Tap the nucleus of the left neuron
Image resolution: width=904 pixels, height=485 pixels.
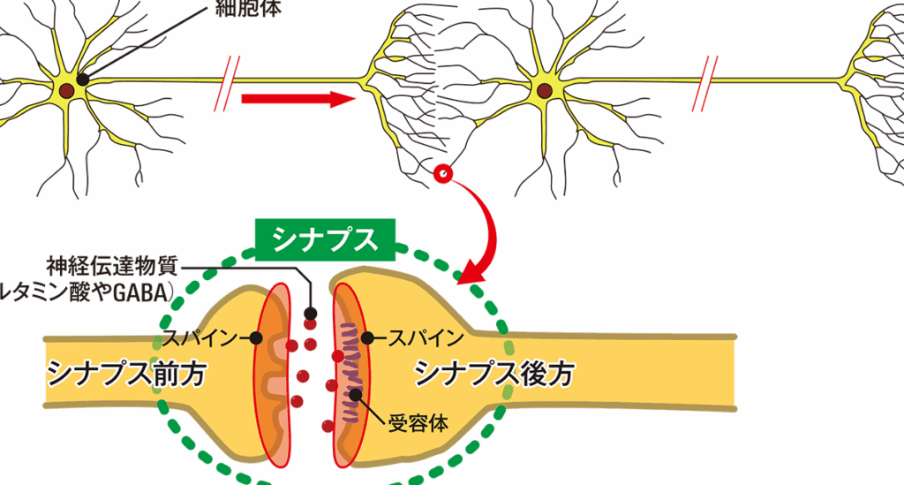[68, 90]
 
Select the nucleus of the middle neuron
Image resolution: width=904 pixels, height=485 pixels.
[545, 90]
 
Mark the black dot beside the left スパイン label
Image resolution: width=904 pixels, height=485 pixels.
[256, 338]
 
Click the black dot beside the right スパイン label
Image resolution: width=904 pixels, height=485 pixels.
[366, 338]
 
